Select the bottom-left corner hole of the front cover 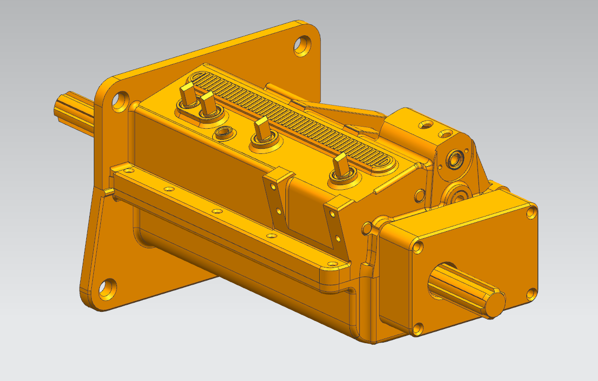coord(417,329)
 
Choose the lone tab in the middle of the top coord(262,129)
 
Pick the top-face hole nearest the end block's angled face coord(445,134)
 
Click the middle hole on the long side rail coord(217,211)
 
